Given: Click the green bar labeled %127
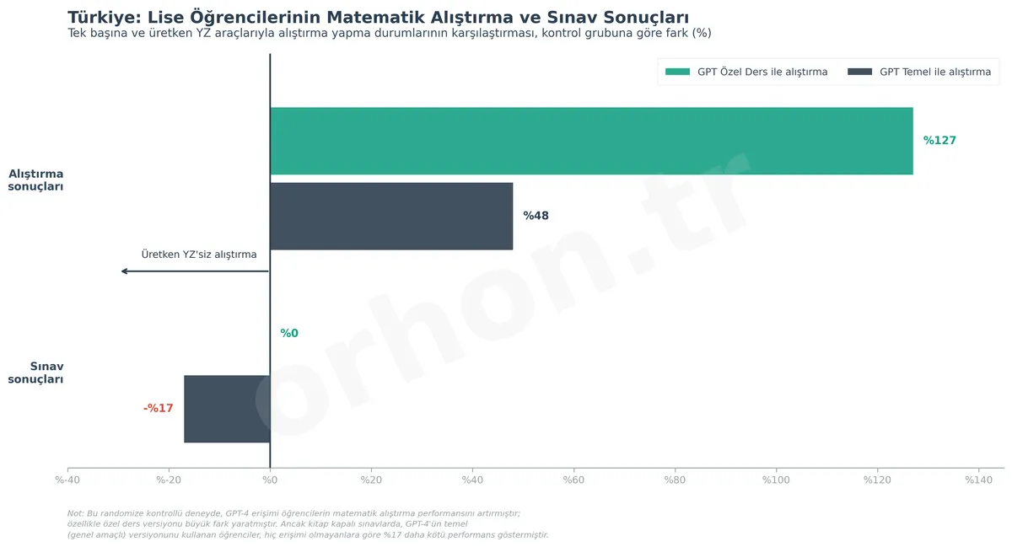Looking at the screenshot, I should click(590, 141).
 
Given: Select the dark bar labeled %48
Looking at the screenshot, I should click(391, 216).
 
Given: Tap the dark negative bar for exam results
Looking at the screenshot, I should click(227, 409).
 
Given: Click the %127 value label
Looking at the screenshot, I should click(939, 141).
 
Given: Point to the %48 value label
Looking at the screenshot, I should click(536, 216).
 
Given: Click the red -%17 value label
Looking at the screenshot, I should click(159, 409).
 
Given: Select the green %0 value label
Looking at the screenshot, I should click(289, 334).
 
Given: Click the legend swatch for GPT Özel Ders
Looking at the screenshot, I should click(677, 72).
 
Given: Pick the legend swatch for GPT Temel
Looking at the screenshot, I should click(859, 72).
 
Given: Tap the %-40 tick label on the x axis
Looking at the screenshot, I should click(67, 480).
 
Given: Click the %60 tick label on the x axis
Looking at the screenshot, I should click(573, 480).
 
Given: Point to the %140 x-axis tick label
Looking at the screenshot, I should click(978, 480).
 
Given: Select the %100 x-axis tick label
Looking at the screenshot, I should click(776, 480).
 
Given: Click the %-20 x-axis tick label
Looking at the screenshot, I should click(169, 480).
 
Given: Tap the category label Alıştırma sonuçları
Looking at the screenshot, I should click(36, 180).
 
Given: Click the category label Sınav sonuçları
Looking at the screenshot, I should click(36, 373).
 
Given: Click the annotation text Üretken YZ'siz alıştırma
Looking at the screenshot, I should click(199, 255).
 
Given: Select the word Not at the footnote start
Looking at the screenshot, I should click(74, 513).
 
